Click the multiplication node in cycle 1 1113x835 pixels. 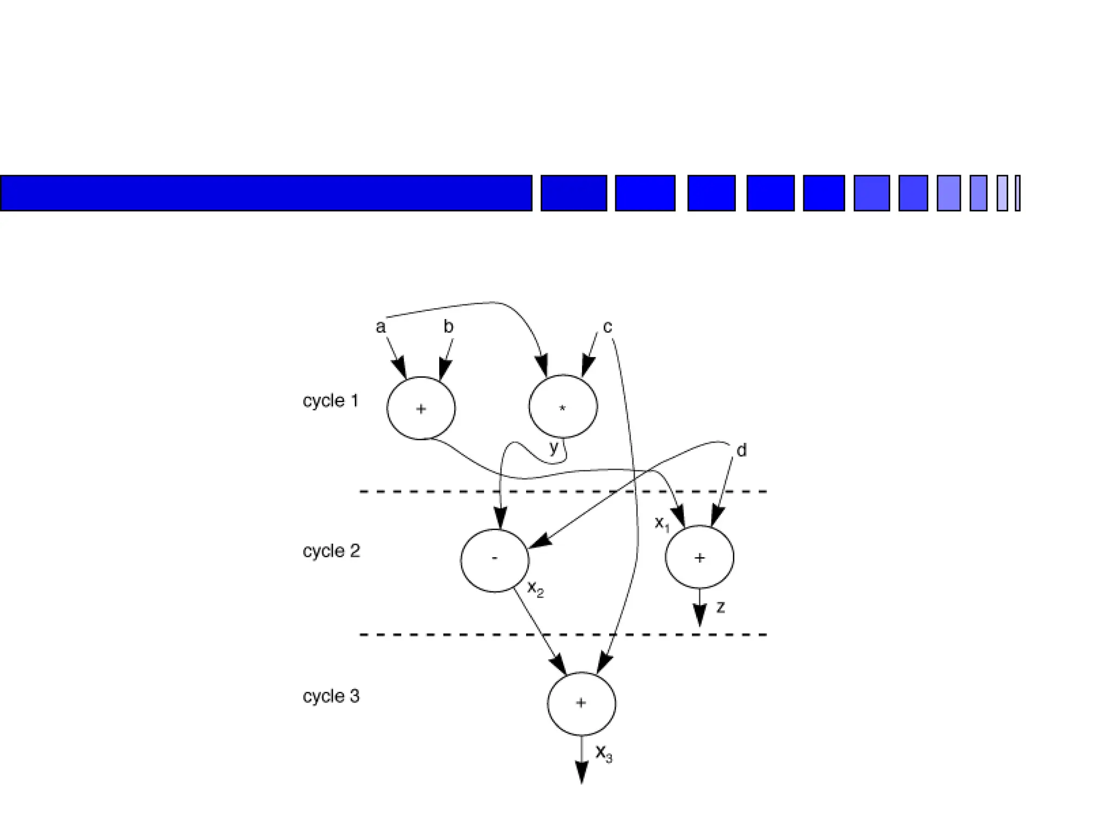pos(563,406)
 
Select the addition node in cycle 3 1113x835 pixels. pos(581,703)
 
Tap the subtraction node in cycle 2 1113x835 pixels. pos(495,560)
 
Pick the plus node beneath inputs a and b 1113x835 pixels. pos(421,408)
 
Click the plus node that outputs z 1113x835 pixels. pos(699,557)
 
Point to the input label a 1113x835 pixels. pos(380,327)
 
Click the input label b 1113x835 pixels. pos(448,326)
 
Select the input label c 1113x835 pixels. pos(608,327)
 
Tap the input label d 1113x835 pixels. pos(741,450)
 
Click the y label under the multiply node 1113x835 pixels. pos(554,448)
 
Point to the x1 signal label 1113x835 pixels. pos(662,524)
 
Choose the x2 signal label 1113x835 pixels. pos(535,589)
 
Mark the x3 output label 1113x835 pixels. pos(604,753)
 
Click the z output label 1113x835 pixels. pos(721,607)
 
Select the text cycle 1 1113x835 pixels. pos(330,401)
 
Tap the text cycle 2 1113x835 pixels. pos(331,551)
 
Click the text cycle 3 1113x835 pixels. pos(331,696)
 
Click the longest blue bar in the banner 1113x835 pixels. pos(266,193)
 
